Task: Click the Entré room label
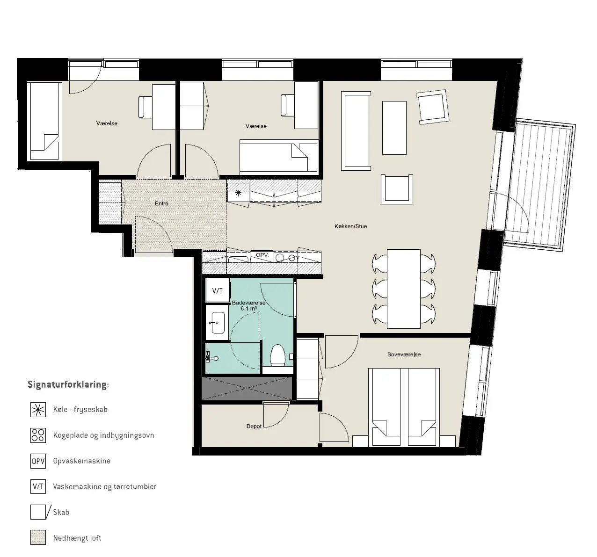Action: [161, 203]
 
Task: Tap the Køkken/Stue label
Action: [350, 226]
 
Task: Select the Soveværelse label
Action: [404, 354]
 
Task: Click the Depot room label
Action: [254, 426]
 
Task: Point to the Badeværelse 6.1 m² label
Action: [248, 305]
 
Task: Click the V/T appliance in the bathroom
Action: [218, 290]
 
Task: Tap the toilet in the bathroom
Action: [277, 355]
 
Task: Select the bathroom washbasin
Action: [218, 323]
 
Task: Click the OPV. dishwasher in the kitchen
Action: [262, 256]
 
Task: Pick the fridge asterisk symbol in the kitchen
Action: [239, 193]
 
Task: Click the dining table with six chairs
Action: [403, 289]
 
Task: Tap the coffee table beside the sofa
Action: [394, 128]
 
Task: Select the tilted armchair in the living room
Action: [433, 107]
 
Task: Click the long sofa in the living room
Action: [356, 131]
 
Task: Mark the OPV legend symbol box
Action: [38, 461]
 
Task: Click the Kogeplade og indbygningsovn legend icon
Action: [38, 435]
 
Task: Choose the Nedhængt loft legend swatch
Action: [38, 537]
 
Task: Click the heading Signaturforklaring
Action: [68, 384]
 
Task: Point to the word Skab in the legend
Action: [61, 512]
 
